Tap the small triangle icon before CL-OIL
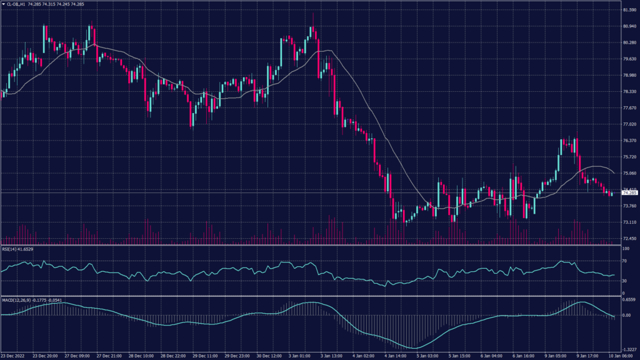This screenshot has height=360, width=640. [x=3, y=4]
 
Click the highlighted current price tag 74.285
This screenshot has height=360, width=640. [x=627, y=193]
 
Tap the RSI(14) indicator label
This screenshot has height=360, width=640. [x=9, y=249]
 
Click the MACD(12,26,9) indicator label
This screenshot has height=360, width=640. [x=14, y=301]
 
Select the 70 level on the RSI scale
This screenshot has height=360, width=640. [x=624, y=261]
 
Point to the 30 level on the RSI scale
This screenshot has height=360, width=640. [x=624, y=281]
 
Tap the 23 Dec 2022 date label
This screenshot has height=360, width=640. [x=13, y=356]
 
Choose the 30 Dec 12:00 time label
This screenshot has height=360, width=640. [x=267, y=356]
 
